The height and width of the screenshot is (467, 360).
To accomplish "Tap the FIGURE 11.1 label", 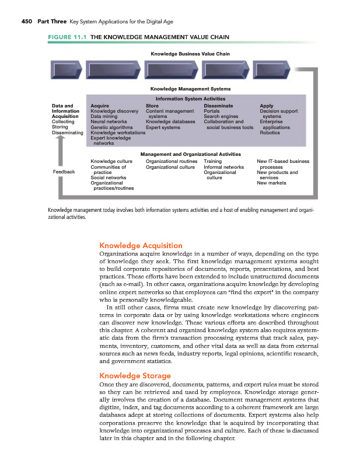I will (x=64, y=38).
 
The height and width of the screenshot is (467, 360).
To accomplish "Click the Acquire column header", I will (x=100, y=106).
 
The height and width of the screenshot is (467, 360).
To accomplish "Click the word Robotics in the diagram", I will (x=270, y=133).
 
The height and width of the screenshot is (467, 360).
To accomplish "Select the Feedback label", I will (x=64, y=172).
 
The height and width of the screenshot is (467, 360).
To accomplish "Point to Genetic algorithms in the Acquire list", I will (x=111, y=127).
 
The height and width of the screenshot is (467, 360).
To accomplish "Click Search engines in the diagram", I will (x=221, y=116).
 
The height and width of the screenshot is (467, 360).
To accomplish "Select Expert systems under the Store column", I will (x=163, y=127).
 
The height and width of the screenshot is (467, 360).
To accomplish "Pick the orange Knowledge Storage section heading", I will (x=135, y=375).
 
